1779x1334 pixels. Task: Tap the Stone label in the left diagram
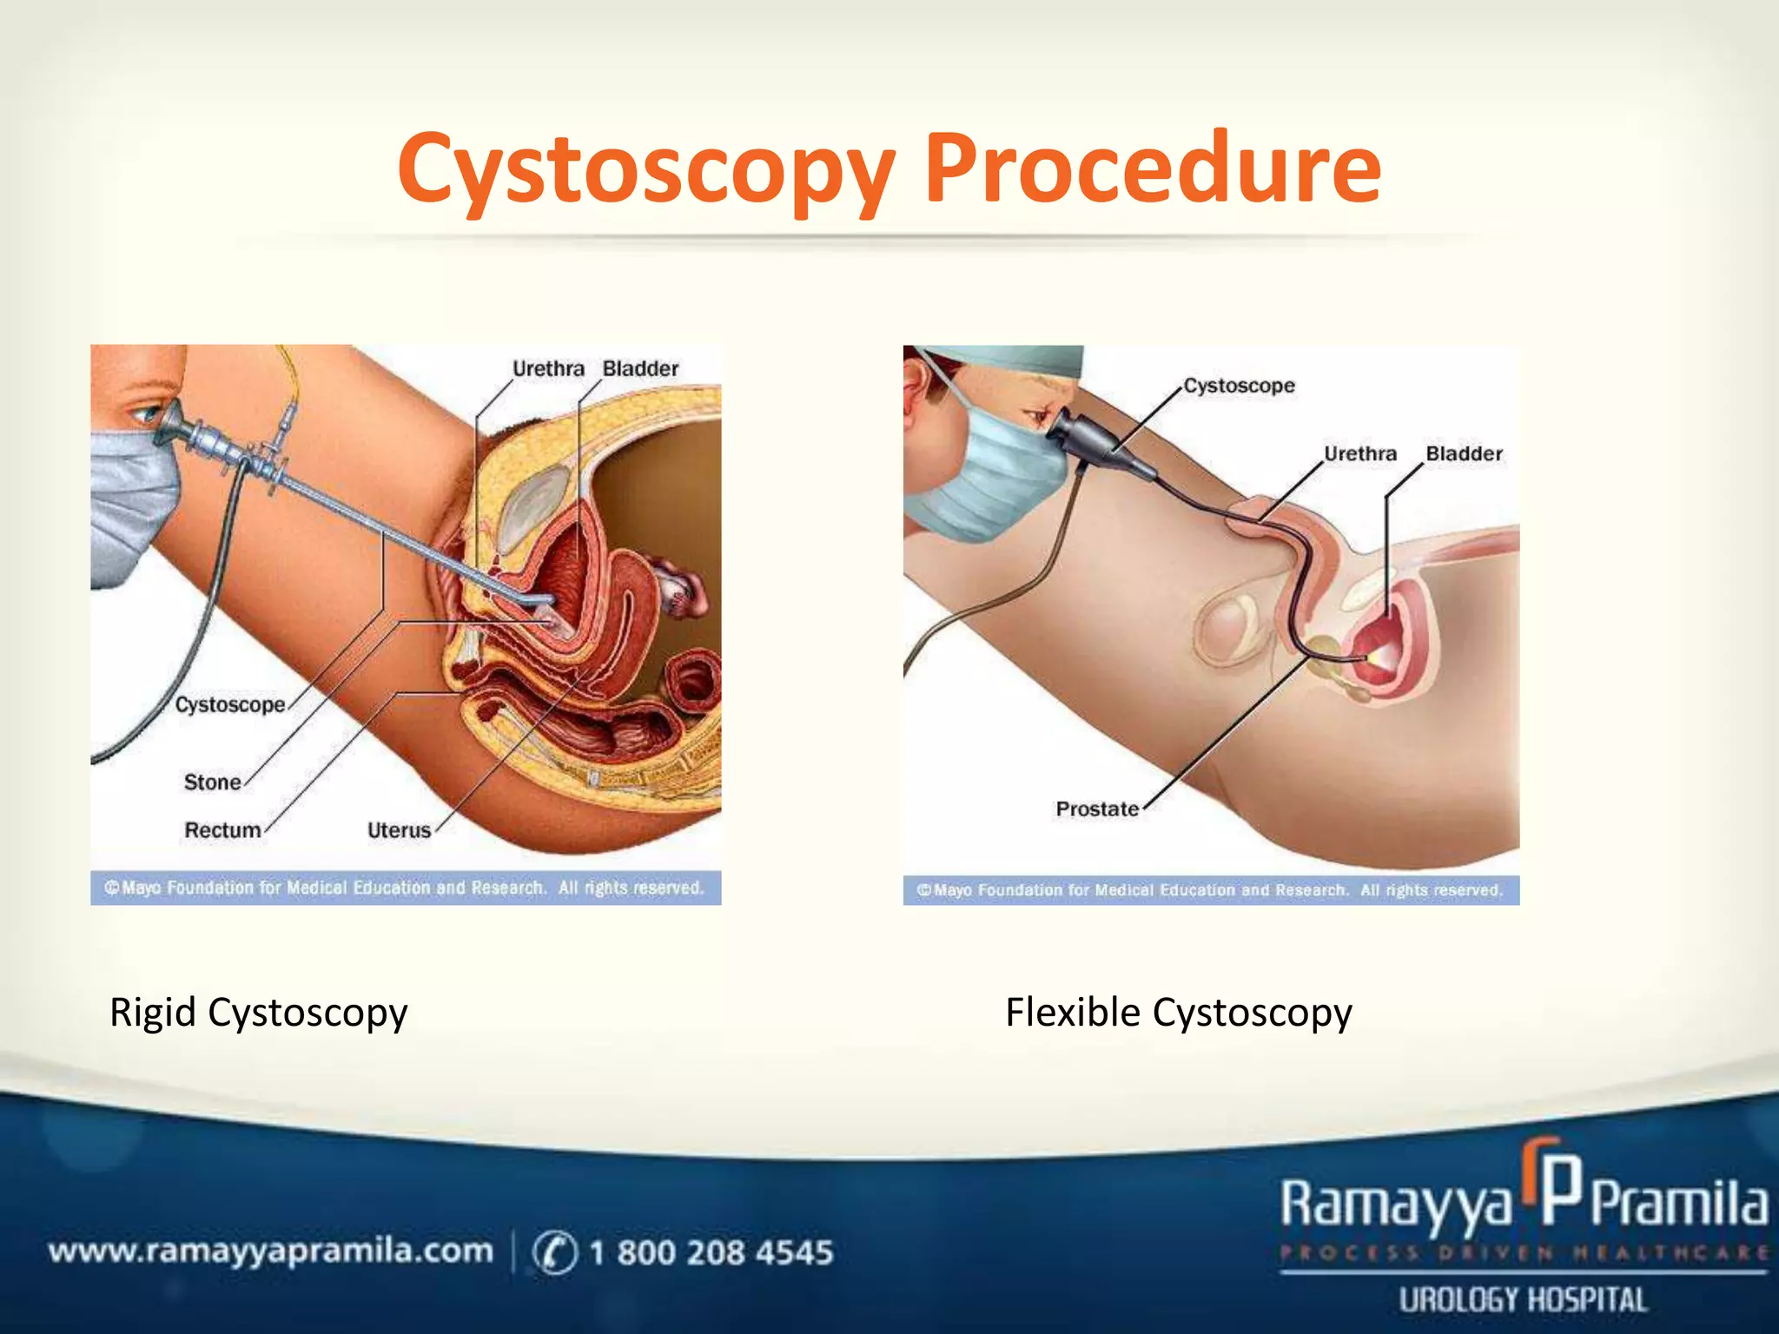pos(212,783)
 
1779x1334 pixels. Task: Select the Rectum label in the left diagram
pos(222,830)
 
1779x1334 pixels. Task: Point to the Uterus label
pos(399,830)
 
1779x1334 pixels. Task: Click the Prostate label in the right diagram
pos(1097,809)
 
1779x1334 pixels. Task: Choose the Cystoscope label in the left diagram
pos(230,704)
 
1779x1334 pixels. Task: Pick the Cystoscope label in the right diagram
pos(1239,386)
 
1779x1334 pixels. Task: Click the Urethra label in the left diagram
pos(548,369)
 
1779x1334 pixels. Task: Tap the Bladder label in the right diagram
pos(1464,453)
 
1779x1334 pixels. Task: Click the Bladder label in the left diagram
pos(640,369)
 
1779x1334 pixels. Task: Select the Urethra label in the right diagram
pos(1360,453)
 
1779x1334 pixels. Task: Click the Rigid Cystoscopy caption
pos(258,1013)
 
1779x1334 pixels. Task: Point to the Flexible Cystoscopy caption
pos(1179,1013)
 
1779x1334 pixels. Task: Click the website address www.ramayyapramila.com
pos(270,1251)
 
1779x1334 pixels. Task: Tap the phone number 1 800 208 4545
pos(711,1252)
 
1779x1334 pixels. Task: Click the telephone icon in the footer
pos(554,1252)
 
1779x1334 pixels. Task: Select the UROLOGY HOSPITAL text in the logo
pos(1522,1300)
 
